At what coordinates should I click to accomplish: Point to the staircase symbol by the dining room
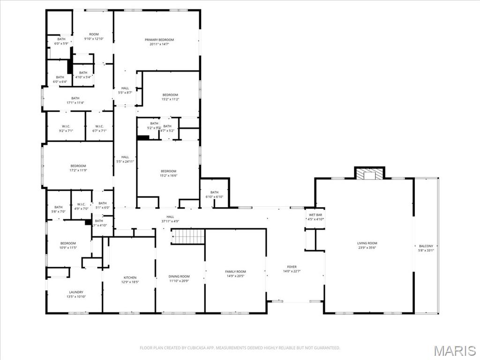(187, 237)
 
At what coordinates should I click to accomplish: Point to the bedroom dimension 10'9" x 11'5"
(68, 248)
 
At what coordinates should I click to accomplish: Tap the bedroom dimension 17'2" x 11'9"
(78, 171)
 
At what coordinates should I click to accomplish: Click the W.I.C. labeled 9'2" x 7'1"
(65, 131)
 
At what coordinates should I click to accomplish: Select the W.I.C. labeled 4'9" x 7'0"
(81, 209)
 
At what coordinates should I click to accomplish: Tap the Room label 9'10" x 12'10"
(94, 39)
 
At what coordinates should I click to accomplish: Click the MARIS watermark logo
(455, 350)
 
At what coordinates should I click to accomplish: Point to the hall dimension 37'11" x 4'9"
(170, 221)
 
